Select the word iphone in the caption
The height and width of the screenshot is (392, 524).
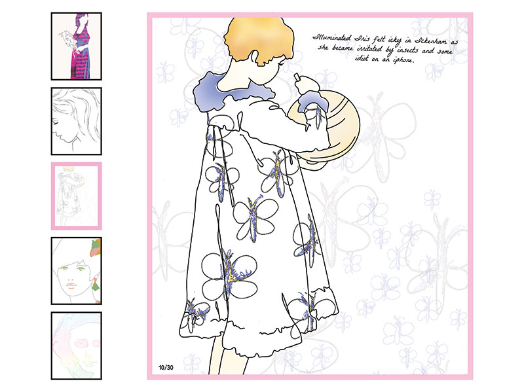click(403, 60)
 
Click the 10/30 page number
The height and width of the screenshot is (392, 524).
click(166, 368)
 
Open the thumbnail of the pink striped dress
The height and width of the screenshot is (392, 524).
click(76, 46)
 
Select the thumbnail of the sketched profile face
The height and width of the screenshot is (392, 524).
click(76, 121)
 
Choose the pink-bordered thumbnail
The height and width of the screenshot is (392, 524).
click(76, 196)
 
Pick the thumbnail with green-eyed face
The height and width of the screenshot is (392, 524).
click(76, 271)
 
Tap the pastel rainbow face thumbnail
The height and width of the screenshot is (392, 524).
click(76, 346)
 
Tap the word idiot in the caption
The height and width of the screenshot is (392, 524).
click(362, 58)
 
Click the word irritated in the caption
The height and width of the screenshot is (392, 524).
click(369, 48)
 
